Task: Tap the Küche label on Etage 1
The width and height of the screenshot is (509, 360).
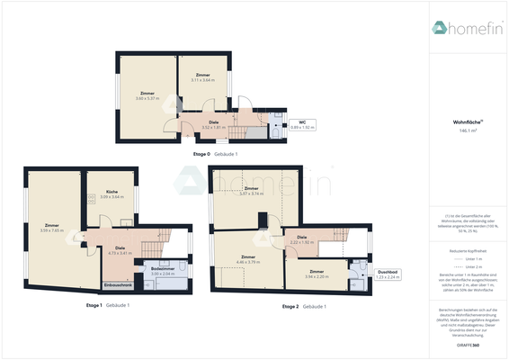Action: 112,193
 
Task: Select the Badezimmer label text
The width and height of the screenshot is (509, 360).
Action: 163,268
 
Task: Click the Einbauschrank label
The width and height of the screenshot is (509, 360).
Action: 120,285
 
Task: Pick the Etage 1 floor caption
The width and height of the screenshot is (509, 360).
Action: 106,305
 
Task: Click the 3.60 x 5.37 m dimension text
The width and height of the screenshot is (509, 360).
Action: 147,97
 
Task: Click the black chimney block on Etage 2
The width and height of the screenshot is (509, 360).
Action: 261,220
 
